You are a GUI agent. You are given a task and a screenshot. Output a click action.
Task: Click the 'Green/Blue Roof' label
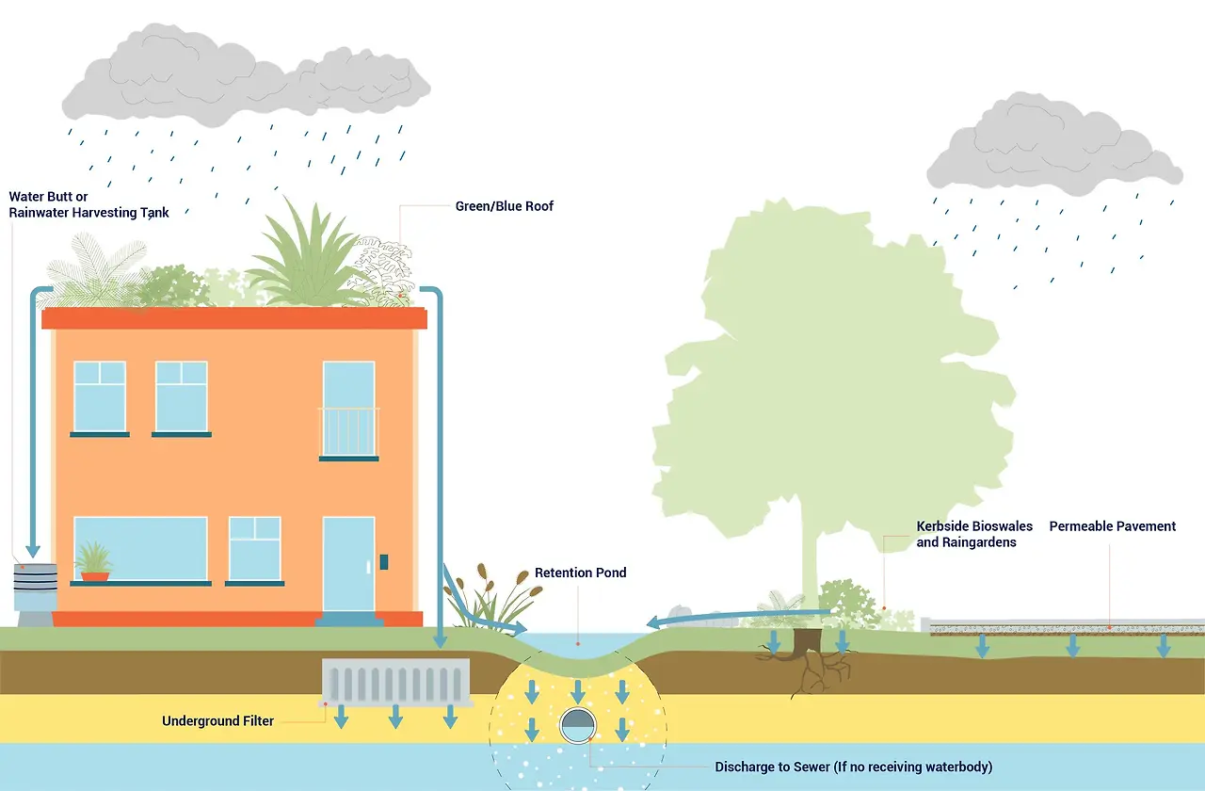[504, 206]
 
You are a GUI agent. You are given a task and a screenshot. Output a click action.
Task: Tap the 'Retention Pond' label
[581, 573]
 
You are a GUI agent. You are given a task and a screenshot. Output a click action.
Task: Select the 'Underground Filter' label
[217, 721]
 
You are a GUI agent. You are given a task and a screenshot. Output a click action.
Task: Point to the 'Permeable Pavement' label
[1113, 526]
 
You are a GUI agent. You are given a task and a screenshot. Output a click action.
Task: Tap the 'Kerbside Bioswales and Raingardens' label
[974, 534]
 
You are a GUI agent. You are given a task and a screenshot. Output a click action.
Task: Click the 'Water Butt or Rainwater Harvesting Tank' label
[88, 204]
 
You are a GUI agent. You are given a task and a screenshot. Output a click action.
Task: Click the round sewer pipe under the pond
[578, 725]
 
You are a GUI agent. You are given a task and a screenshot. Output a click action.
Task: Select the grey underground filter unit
[396, 682]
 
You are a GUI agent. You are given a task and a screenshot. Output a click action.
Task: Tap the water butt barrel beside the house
[36, 588]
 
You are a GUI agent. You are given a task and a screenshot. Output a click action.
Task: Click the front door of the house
[348, 564]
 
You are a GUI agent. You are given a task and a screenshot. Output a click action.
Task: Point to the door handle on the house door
[368, 567]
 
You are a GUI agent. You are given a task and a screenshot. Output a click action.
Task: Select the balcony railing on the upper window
[349, 432]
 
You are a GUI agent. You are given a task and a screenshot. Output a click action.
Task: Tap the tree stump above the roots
[808, 641]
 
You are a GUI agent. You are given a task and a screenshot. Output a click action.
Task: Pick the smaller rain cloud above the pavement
[1053, 145]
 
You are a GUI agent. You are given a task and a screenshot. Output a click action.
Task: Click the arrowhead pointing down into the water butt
[33, 551]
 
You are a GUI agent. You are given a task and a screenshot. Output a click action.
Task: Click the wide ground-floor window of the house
[140, 549]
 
